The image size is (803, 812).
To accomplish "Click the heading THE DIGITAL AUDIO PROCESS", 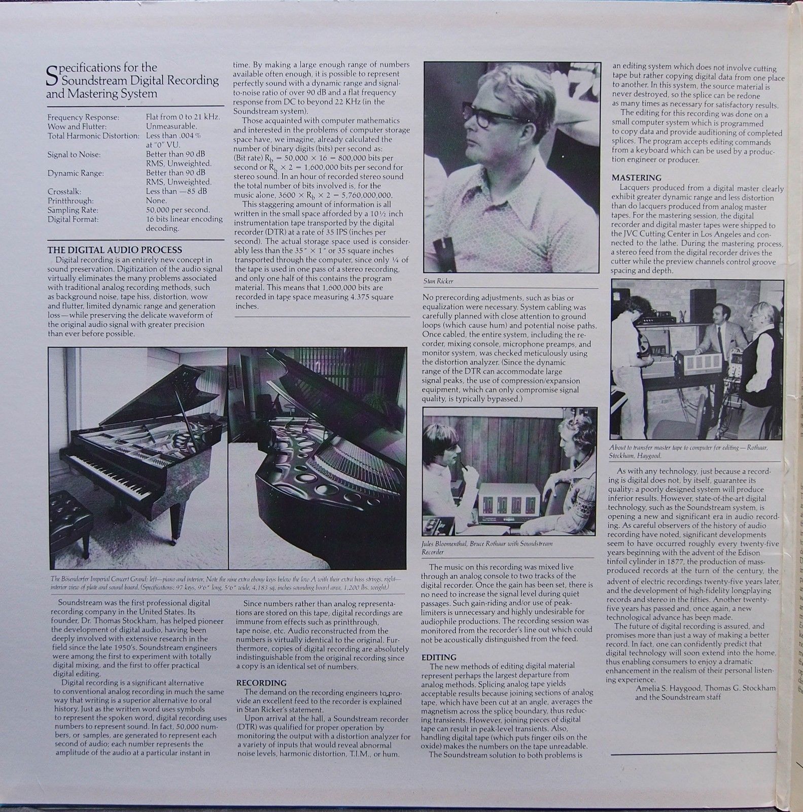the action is pos(115,250).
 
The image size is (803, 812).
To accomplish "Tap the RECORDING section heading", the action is pos(261,683).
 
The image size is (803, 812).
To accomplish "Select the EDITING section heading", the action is pos(439,657).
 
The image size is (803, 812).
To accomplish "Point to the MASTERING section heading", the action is pos(636,178).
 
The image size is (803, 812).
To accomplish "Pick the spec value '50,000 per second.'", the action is pos(178,210).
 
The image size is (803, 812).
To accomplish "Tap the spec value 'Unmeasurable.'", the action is pos(172,126).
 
